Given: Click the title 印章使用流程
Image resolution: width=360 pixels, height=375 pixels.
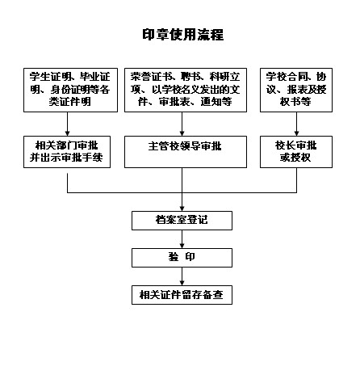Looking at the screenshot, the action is (x=183, y=35).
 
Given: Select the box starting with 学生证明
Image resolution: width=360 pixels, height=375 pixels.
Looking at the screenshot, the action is (x=70, y=90).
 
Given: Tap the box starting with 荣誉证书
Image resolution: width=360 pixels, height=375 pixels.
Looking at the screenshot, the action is (x=186, y=90).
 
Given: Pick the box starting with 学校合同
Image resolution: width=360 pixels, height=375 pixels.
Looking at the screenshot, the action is (x=296, y=90).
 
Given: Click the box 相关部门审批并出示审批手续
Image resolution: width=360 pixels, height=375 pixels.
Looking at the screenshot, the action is (x=67, y=152).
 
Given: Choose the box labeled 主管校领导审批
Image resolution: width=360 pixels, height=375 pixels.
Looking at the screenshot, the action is (x=186, y=152).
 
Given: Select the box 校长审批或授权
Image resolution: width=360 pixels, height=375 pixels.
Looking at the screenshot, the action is (x=296, y=152).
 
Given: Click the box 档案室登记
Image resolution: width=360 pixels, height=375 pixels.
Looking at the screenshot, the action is (x=182, y=221).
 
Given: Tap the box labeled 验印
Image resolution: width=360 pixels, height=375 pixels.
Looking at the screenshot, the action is (x=182, y=258).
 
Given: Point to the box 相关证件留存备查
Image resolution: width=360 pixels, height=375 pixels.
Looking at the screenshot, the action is (x=182, y=295).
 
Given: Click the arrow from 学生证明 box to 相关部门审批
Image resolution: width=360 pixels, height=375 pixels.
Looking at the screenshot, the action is (x=67, y=124).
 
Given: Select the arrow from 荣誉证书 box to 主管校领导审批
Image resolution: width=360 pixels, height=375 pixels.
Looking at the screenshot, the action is (x=182, y=124).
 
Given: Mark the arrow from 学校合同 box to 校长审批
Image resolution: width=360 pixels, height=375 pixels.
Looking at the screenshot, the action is (x=296, y=124).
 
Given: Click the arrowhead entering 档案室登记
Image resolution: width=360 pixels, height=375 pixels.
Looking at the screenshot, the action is (x=182, y=209).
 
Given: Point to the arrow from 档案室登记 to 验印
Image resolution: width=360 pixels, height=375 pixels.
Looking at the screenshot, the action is (x=182, y=239).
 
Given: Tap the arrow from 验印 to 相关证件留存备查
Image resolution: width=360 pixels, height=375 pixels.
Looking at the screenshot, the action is (x=182, y=276).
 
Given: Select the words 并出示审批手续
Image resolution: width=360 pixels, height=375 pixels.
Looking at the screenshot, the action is (x=66, y=158).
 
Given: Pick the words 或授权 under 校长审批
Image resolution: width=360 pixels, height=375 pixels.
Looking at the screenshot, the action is (x=295, y=158).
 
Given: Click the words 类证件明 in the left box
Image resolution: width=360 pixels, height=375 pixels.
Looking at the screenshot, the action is (x=70, y=102).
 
